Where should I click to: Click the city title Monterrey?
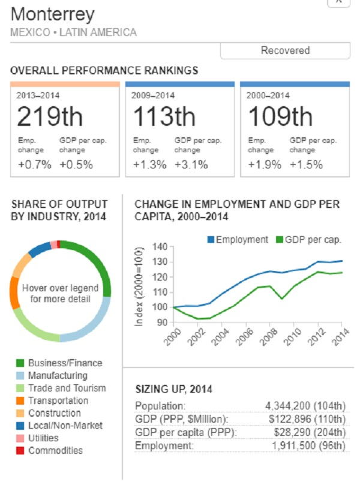pyautogui.click(x=53, y=14)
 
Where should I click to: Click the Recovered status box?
pyautogui.click(x=285, y=51)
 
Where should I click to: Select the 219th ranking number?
pyautogui.click(x=50, y=116)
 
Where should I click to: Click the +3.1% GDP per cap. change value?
pyautogui.click(x=190, y=165)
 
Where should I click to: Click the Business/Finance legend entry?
pyautogui.click(x=65, y=363)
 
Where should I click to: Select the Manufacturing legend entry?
pyautogui.click(x=58, y=375)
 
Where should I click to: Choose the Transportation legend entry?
pyautogui.click(x=58, y=400)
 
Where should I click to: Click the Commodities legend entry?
pyautogui.click(x=55, y=450)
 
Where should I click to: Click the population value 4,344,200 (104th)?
pyautogui.click(x=305, y=406)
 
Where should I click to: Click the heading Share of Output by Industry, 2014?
pyautogui.click(x=59, y=210)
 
